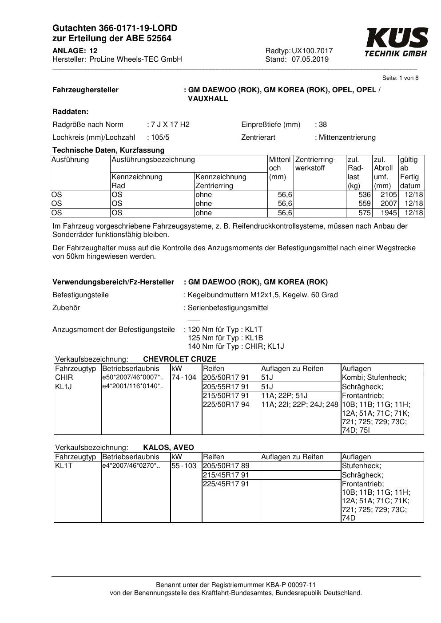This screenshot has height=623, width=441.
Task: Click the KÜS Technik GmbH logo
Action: click(x=396, y=42)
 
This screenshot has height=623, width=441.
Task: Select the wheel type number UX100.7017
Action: click(x=312, y=51)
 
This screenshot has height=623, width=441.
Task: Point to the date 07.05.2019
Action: click(x=310, y=59)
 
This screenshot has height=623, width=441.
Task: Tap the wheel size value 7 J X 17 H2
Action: click(x=170, y=125)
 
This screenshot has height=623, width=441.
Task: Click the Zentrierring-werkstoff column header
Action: click(x=315, y=164)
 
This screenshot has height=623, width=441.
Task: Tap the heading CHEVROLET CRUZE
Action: click(x=179, y=359)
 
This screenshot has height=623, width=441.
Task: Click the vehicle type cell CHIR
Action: click(x=64, y=378)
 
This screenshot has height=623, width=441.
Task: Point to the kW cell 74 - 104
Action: click(x=184, y=378)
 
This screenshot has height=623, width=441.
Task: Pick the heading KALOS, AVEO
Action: click(x=168, y=448)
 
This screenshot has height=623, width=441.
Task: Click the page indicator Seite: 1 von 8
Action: click(x=400, y=78)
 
